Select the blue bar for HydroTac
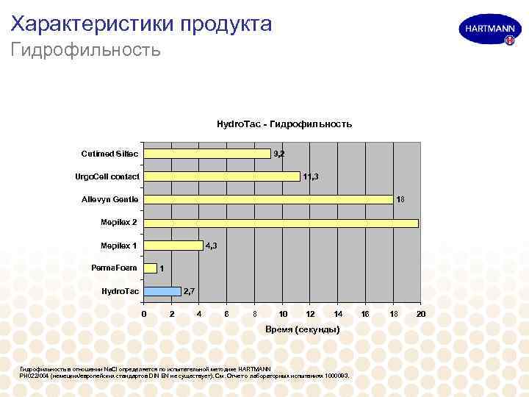point(162,291)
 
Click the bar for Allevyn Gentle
point(268,199)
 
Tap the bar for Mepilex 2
point(281,222)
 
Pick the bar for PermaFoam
point(151,268)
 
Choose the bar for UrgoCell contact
point(222,176)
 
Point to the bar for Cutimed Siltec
point(207,154)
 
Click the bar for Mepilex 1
point(173,246)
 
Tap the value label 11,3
point(311,177)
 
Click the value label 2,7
point(189,292)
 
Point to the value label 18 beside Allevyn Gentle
point(400,199)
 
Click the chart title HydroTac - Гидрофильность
point(284,124)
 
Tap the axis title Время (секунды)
point(302,330)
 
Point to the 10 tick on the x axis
point(282,314)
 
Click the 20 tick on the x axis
point(420,314)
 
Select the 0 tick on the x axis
point(144,314)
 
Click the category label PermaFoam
point(115,268)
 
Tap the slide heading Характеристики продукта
point(141,24)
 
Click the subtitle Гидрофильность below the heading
point(85,50)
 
